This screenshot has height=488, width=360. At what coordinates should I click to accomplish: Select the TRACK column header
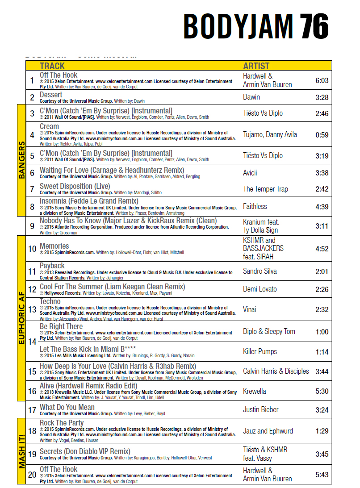pyautogui.click(x=52, y=66)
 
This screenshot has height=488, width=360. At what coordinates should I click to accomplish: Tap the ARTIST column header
pyautogui.click(x=257, y=66)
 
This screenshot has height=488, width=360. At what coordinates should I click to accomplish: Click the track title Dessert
pyautogui.click(x=51, y=95)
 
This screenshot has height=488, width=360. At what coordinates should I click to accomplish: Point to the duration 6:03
pyautogui.click(x=322, y=80)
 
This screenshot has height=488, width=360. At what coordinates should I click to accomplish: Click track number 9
pyautogui.click(x=32, y=226)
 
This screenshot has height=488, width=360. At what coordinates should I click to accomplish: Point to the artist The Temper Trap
pyautogui.click(x=265, y=189)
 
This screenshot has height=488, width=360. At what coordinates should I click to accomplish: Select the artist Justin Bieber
pyautogui.click(x=260, y=409)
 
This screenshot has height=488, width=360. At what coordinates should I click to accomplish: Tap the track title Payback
pyautogui.click(x=52, y=266)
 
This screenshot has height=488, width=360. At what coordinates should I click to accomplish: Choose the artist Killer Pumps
pyautogui.click(x=260, y=351)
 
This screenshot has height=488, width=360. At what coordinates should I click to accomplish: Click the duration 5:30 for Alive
pyautogui.click(x=322, y=391)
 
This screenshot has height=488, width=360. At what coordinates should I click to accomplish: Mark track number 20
pyautogui.click(x=32, y=475)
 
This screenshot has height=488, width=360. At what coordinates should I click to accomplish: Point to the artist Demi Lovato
pyautogui.click(x=260, y=289)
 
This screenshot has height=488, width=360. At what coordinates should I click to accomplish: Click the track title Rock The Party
pyautogui.click(x=62, y=423)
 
